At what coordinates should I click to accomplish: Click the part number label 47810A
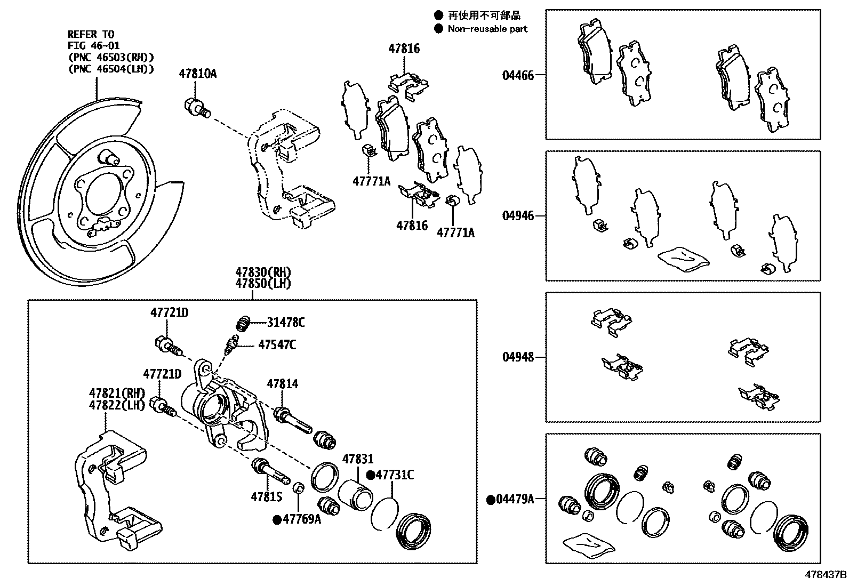197,74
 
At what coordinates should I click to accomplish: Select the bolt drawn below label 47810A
196,107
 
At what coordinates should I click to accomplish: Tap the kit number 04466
517,75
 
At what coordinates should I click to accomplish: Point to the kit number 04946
517,216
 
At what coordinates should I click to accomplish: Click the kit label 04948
517,357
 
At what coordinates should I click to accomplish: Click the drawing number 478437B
825,575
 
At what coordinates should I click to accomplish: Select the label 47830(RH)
263,272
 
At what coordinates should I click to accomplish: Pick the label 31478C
286,322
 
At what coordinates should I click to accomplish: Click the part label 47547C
277,344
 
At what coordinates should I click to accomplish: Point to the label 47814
283,383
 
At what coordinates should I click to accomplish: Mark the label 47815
266,497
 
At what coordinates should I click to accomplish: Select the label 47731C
395,475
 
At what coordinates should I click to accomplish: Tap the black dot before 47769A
277,519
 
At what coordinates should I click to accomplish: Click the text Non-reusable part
487,29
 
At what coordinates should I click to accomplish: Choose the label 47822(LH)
117,405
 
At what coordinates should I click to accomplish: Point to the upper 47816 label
404,49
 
